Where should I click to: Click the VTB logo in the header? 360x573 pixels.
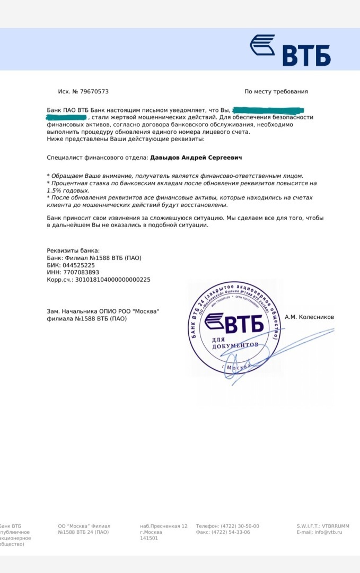[x=290, y=50]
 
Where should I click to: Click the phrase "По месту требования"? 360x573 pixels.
[x=276, y=92]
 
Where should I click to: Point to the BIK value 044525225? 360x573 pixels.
[x=79, y=265]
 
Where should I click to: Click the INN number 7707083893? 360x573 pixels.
[x=81, y=272]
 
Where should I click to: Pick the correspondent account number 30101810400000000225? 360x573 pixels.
[x=113, y=279]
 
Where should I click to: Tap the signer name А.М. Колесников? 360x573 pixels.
[x=309, y=317]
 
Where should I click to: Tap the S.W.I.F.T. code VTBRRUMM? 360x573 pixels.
[x=335, y=526]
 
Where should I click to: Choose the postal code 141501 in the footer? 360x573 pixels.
[x=148, y=538]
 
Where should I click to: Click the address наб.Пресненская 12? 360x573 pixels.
[x=163, y=526]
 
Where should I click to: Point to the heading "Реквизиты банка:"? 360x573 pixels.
[x=73, y=250]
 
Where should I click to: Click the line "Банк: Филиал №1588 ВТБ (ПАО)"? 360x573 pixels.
[x=94, y=258]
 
